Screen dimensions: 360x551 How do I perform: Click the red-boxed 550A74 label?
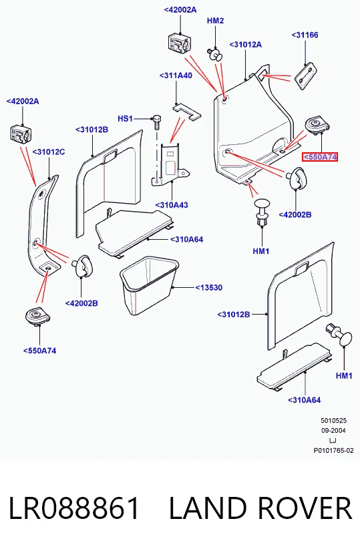point(320,157)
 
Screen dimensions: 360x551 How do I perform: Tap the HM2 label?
point(215,21)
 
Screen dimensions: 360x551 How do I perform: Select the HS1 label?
point(125,119)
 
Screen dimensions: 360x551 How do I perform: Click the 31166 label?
point(305,35)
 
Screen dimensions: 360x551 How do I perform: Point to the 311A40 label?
point(176,75)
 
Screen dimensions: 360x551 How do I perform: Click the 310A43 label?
point(172,205)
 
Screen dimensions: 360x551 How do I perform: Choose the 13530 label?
point(209,287)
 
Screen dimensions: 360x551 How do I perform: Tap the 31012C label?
point(49,152)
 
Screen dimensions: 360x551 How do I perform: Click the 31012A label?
point(245,45)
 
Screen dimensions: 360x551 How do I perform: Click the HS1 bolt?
point(156,122)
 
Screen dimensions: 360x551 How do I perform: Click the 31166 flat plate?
point(305,76)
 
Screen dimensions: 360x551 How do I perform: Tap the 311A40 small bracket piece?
point(187,112)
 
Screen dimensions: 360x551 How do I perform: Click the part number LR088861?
point(74,508)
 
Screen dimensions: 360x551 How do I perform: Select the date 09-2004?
point(333,431)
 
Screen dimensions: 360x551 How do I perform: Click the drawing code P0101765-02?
point(334,451)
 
